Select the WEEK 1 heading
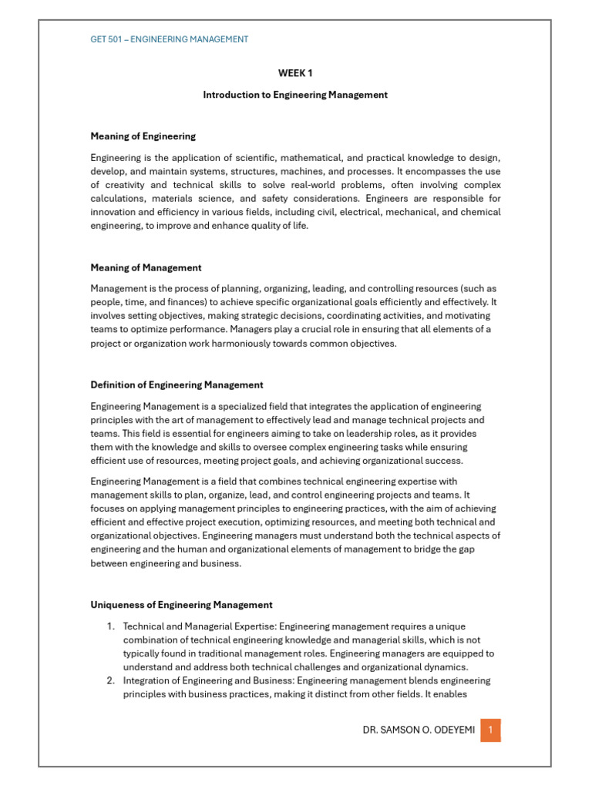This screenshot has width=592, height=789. tap(295, 73)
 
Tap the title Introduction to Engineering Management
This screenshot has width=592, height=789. tap(295, 95)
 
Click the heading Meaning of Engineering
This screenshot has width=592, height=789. tap(143, 136)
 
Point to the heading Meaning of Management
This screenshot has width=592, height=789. tap(146, 268)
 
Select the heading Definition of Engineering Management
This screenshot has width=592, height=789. tap(177, 384)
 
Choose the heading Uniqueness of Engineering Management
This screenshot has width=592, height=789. tap(182, 605)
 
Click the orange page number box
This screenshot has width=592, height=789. tap(490, 729)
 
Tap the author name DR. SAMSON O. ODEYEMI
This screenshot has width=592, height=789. tap(419, 729)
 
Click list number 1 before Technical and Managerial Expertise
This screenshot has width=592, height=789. tap(111, 626)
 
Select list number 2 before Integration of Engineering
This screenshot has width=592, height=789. tap(111, 680)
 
